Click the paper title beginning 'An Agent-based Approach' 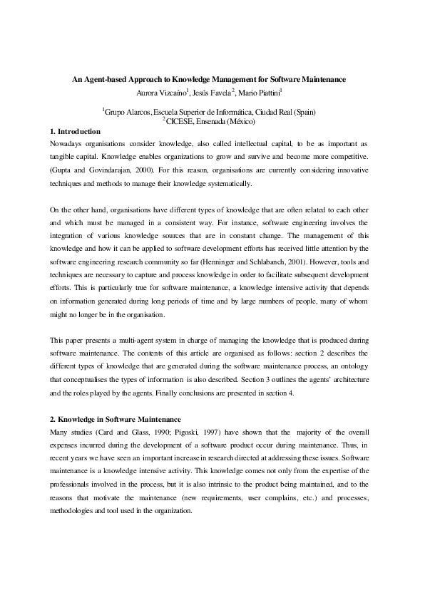pos(208,80)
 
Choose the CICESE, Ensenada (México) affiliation pos(208,121)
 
